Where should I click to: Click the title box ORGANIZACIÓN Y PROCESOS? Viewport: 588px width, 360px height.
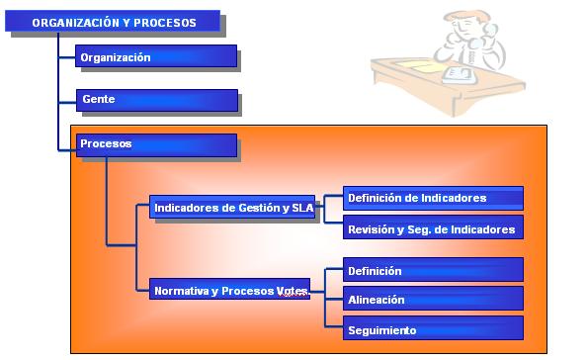[113, 21]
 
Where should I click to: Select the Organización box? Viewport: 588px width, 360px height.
[156, 56]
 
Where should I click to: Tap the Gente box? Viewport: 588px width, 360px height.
[157, 100]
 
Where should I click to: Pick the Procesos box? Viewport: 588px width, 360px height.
[156, 145]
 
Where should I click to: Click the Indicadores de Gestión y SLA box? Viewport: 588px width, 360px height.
[232, 207]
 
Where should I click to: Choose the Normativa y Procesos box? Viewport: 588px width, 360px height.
[229, 289]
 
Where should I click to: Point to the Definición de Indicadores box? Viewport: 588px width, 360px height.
[433, 198]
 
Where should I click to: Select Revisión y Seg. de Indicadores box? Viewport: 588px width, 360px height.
[433, 227]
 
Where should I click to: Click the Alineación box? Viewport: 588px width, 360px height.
[433, 299]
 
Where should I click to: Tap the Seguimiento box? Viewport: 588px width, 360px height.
[433, 328]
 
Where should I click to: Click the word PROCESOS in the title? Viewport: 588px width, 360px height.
[165, 23]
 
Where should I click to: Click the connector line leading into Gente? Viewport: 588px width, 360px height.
[67, 103]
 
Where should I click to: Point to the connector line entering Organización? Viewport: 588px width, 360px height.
[67, 57]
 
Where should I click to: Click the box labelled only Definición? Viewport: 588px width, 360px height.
[433, 270]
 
